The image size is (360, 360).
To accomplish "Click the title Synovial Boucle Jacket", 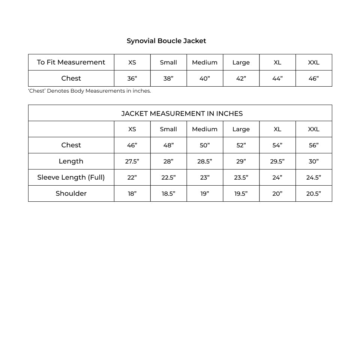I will (x=166, y=41).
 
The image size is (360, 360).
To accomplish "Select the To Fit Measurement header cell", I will (x=71, y=62).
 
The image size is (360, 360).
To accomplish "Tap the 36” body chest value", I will (x=132, y=78).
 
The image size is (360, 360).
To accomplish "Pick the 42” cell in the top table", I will (x=241, y=78).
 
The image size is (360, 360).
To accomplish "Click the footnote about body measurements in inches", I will (x=90, y=91).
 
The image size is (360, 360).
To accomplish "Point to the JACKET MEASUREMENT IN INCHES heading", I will (x=182, y=113).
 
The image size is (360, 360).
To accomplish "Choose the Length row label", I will (x=71, y=161).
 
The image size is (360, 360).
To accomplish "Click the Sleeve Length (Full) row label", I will (x=71, y=177).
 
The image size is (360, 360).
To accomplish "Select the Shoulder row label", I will (x=71, y=193).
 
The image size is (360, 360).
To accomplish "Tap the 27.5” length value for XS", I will (x=132, y=161).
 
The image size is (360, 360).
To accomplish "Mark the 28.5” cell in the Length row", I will (x=205, y=161).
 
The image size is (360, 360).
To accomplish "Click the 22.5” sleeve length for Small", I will (x=168, y=177).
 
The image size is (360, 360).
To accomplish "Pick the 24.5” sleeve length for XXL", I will (x=313, y=177).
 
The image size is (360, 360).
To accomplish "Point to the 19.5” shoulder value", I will (x=241, y=193).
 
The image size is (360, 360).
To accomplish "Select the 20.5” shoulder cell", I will (x=313, y=193).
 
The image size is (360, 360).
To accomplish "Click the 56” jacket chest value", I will (x=313, y=145).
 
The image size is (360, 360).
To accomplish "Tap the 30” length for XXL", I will (x=313, y=161).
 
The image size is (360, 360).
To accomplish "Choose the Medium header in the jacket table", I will (x=205, y=129).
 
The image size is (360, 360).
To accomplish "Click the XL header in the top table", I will (x=277, y=62).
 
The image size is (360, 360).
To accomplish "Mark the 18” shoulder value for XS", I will (x=132, y=193).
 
